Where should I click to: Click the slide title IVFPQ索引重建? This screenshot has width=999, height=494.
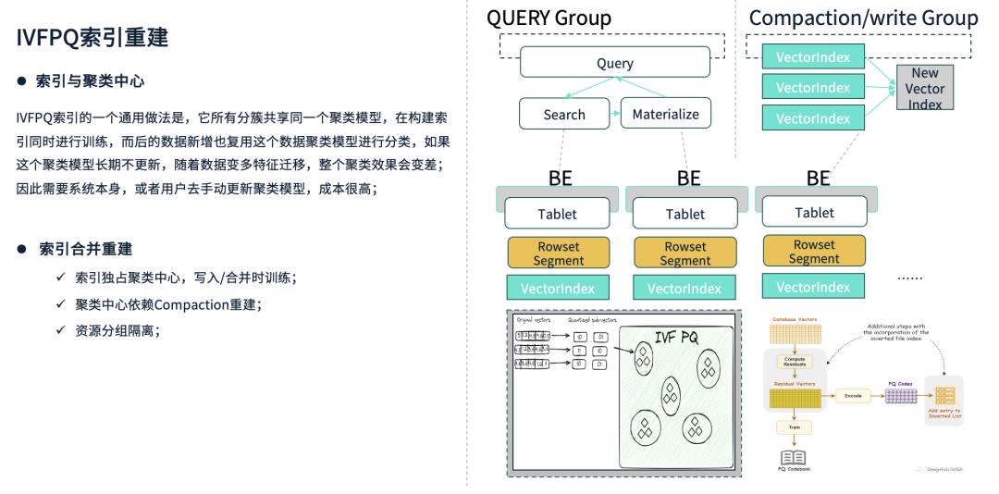pyautogui.click(x=92, y=39)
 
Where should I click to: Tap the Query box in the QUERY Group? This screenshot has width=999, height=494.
pyautogui.click(x=615, y=63)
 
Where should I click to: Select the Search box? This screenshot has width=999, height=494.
pyautogui.click(x=564, y=114)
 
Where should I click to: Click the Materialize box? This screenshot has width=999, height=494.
pyautogui.click(x=666, y=114)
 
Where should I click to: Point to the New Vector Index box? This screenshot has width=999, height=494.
pyautogui.click(x=924, y=88)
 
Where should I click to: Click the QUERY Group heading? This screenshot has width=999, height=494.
pyautogui.click(x=549, y=18)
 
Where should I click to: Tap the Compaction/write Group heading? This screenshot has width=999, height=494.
pyautogui.click(x=863, y=18)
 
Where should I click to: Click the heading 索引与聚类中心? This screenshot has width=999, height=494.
pyautogui.click(x=90, y=81)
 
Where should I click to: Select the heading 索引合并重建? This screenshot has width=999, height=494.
pyautogui.click(x=85, y=249)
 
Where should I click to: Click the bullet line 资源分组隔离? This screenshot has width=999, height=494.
pyautogui.click(x=117, y=330)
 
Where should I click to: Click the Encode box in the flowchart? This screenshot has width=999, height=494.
pyautogui.click(x=853, y=395)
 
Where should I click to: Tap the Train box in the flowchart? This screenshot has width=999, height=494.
pyautogui.click(x=794, y=427)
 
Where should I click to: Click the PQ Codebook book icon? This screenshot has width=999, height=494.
pyautogui.click(x=794, y=457)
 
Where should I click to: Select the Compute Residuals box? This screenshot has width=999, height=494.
pyautogui.click(x=795, y=362)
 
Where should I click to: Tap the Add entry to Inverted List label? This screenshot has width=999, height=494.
pyautogui.click(x=944, y=413)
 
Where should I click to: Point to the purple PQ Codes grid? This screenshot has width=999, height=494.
pyautogui.click(x=901, y=395)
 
